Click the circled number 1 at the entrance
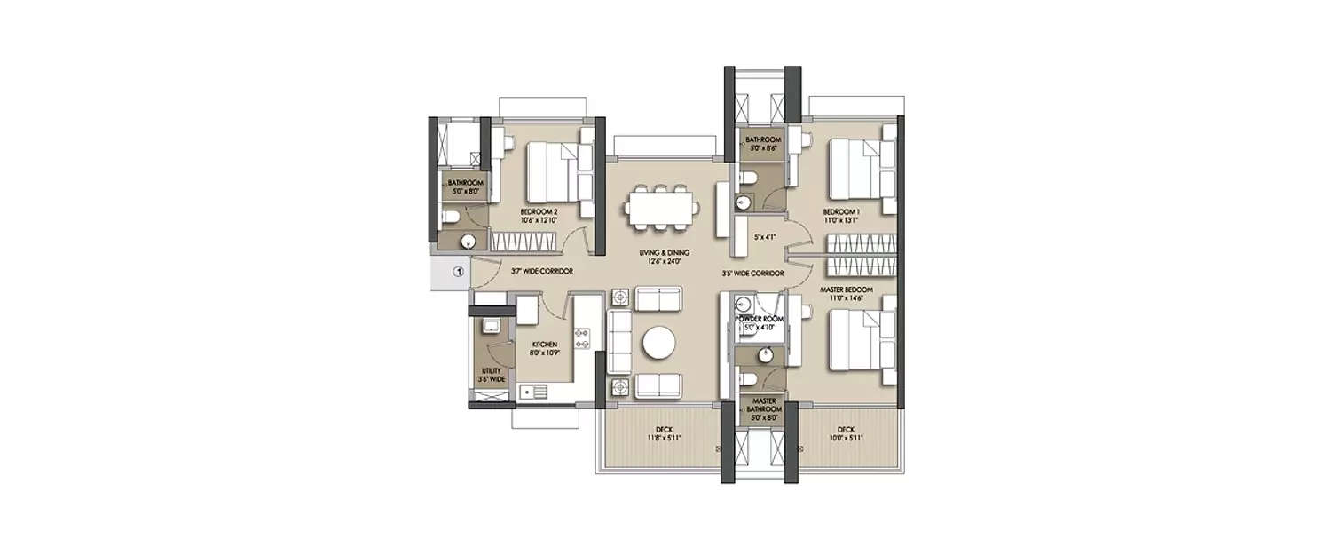pyautogui.click(x=458, y=272)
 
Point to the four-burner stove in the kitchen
pyautogui.click(x=584, y=339)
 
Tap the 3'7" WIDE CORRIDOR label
pyautogui.click(x=540, y=271)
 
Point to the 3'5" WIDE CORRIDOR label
pyautogui.click(x=752, y=274)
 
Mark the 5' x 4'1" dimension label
pyautogui.click(x=765, y=238)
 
